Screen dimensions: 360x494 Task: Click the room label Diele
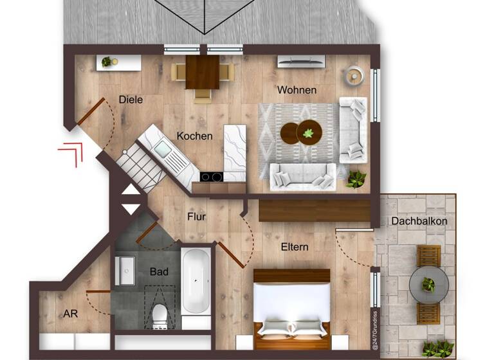[x=131, y=100]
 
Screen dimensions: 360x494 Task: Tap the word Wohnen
[x=297, y=90]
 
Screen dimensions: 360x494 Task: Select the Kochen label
[x=195, y=136]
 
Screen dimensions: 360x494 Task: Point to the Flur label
[x=196, y=217]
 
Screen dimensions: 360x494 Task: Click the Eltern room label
[x=295, y=246]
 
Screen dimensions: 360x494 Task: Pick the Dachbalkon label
[x=419, y=221]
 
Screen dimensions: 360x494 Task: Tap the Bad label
[x=159, y=272]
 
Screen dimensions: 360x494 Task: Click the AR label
[x=71, y=314]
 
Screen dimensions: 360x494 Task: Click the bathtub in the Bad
[x=196, y=281]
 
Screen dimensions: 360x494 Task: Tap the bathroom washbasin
[x=125, y=271]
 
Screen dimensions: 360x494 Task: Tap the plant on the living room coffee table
[x=309, y=133]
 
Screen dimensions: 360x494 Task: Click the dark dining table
[x=203, y=72]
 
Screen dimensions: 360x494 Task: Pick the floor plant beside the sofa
[x=356, y=179]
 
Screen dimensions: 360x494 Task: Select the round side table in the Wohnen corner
[x=353, y=76]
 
